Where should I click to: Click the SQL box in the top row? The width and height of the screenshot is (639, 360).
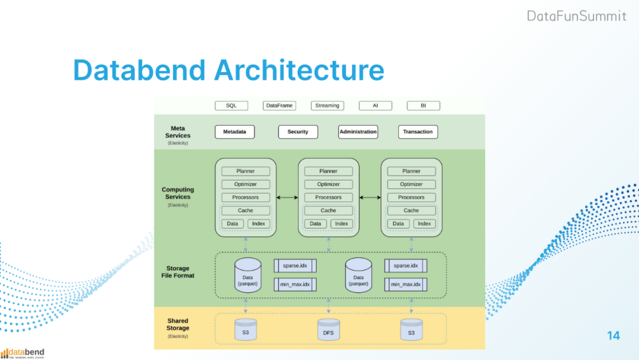[231, 105]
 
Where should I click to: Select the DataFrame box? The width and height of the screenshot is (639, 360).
[279, 105]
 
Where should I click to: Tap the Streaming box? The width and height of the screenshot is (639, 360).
[327, 105]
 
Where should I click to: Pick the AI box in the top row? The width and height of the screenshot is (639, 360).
[375, 105]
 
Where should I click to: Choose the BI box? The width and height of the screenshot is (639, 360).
[423, 105]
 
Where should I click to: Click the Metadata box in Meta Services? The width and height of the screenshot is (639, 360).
[234, 131]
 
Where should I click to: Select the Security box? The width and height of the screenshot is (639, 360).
[298, 131]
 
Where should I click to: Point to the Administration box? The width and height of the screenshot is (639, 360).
[358, 131]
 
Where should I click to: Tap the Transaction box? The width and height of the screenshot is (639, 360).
[418, 131]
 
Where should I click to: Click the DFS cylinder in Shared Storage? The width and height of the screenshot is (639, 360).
[328, 329]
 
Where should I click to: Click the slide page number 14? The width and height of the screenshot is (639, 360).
[614, 336]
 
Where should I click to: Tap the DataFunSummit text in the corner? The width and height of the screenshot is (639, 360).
[576, 16]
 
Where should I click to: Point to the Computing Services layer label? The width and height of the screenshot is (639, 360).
[177, 194]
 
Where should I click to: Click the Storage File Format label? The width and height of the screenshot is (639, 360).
[177, 272]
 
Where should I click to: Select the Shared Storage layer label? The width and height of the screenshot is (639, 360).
[177, 324]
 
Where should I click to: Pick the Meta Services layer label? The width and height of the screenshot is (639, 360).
[177, 132]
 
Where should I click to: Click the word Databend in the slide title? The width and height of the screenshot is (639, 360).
[139, 70]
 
